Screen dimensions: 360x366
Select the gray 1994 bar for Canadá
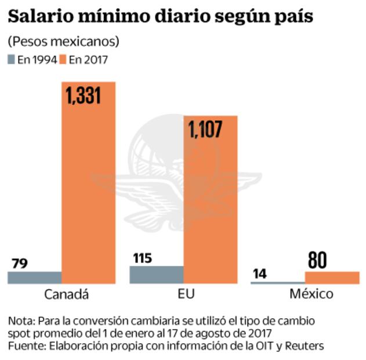pyautogui.click(x=34, y=278)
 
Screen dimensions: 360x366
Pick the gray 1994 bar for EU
pyautogui.click(x=156, y=275)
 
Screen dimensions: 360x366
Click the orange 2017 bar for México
pyautogui.click(x=332, y=278)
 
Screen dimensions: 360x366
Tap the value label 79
pyautogui.click(x=19, y=263)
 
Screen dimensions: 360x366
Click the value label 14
pyautogui.click(x=261, y=273)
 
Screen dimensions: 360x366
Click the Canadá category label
pyautogui.click(x=66, y=294)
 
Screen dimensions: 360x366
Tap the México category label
pyautogui.click(x=311, y=294)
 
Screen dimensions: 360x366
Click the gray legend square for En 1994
pyautogui.click(x=12, y=59)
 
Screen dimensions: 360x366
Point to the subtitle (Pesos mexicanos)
pyautogui.click(x=63, y=42)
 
